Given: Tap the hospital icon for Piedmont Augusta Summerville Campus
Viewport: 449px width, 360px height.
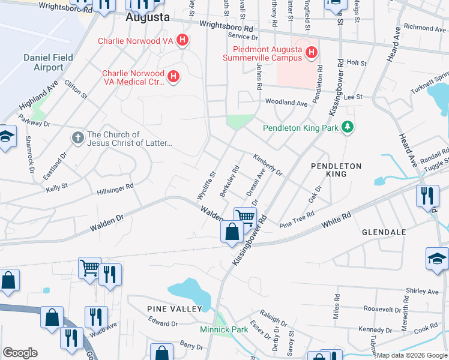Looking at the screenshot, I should click(x=311, y=53).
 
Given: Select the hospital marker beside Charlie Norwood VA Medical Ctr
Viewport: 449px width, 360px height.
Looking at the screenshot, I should click(x=173, y=77).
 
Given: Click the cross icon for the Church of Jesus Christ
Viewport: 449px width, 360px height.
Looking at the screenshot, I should click(x=77, y=138).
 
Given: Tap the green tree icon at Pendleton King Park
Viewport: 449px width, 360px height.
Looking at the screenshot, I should click(x=346, y=127).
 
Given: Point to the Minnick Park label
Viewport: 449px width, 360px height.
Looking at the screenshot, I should click(x=224, y=329).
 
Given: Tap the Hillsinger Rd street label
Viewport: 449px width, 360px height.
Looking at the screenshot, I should click(x=115, y=190).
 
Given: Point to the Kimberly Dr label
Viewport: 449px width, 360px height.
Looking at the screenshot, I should click(x=268, y=165).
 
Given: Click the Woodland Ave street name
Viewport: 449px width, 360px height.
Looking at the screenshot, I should click(x=286, y=103).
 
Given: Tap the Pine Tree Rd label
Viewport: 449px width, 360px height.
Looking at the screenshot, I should click(x=297, y=218).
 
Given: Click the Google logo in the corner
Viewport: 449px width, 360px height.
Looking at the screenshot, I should click(x=20, y=353).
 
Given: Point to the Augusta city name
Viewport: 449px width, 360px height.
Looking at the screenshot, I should click(x=148, y=17).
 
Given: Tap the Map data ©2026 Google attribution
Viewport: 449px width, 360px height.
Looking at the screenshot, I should click(x=412, y=355).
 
